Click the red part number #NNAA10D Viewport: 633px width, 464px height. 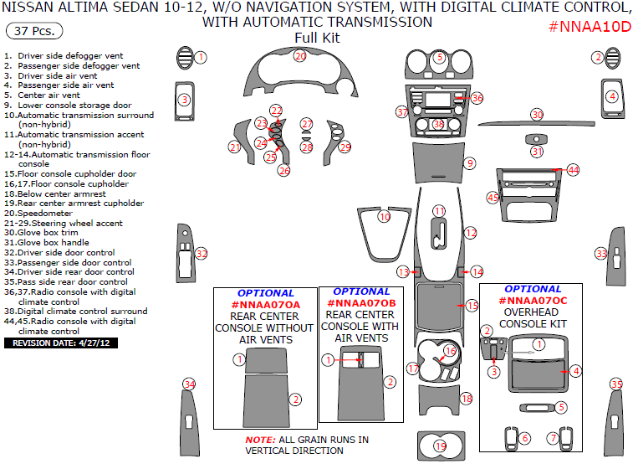point(590,27)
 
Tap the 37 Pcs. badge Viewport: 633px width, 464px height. point(34,31)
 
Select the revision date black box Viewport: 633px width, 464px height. point(61,343)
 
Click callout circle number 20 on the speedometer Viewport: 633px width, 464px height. point(300,56)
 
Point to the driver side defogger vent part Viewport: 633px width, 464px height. point(185,58)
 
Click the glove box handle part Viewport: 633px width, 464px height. point(537,139)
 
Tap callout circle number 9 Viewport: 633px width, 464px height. point(469,163)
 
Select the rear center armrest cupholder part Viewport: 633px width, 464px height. point(441,446)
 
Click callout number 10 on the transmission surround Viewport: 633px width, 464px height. point(385,217)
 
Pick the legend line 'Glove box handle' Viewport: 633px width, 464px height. point(47,243)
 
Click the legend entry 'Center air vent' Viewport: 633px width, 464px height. point(42,95)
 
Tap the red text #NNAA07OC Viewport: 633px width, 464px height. point(533,301)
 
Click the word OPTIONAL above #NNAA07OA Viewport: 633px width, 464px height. point(266,293)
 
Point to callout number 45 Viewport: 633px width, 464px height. point(493,198)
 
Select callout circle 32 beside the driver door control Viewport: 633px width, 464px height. point(201,254)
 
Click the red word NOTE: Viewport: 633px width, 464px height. point(260,440)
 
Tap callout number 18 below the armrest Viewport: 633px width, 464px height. point(467,399)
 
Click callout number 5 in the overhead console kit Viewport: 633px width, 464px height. point(561,407)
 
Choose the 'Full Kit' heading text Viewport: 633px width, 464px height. point(317,38)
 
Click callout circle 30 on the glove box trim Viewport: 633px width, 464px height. point(537,115)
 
